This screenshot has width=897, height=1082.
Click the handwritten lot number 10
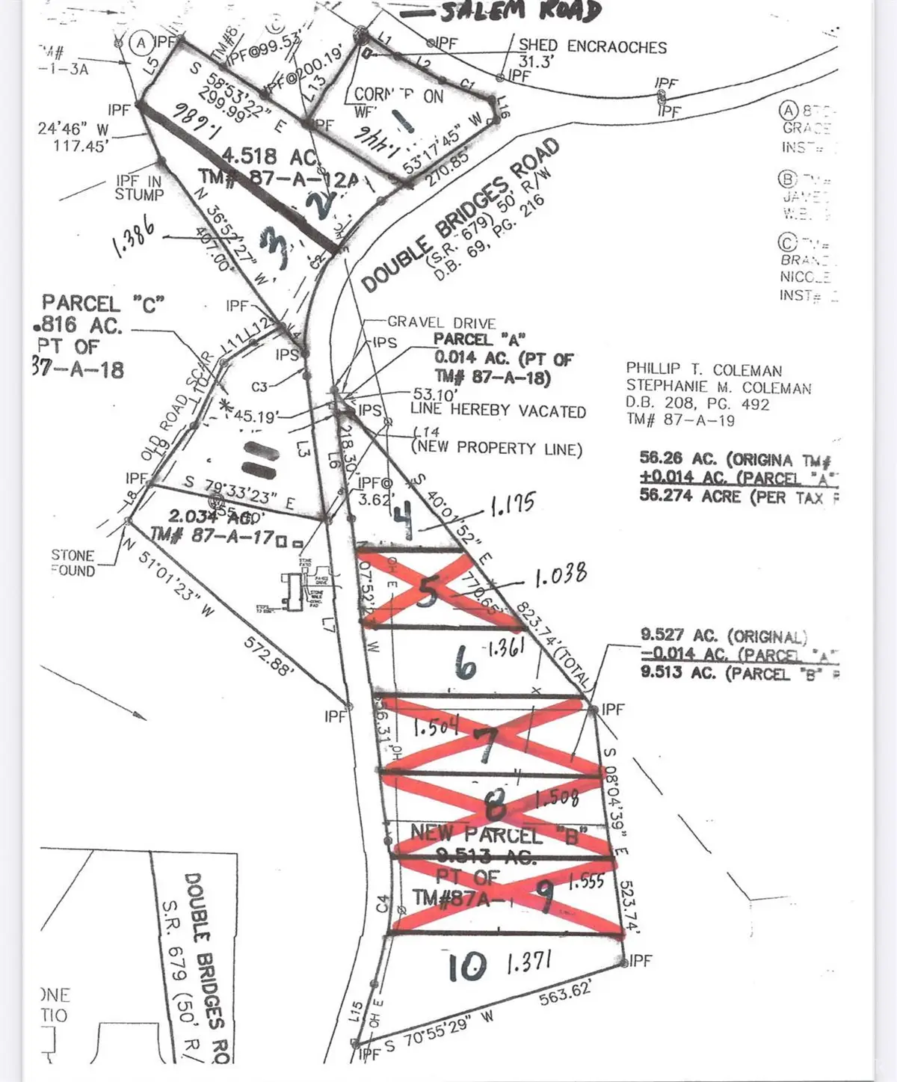coord(467,968)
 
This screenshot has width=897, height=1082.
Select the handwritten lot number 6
coord(465,662)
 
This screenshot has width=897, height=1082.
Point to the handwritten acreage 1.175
coord(512,504)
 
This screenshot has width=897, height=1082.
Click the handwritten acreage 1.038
coord(560,576)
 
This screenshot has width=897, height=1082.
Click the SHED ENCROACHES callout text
coord(592,46)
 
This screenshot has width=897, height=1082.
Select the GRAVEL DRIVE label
coord(441,323)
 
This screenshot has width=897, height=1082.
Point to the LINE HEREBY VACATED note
coord(498,411)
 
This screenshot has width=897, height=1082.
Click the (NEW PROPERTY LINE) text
coord(496,449)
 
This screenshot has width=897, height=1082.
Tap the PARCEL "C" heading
coord(102,304)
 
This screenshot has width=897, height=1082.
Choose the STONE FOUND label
coord(73,563)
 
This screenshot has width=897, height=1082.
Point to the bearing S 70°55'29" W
coord(440,1034)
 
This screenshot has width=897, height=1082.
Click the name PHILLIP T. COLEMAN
coord(703,370)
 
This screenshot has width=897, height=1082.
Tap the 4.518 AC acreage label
coord(260,156)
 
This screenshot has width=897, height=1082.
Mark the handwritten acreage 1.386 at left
coord(134,238)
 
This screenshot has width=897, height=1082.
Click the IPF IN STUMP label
coord(139,188)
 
